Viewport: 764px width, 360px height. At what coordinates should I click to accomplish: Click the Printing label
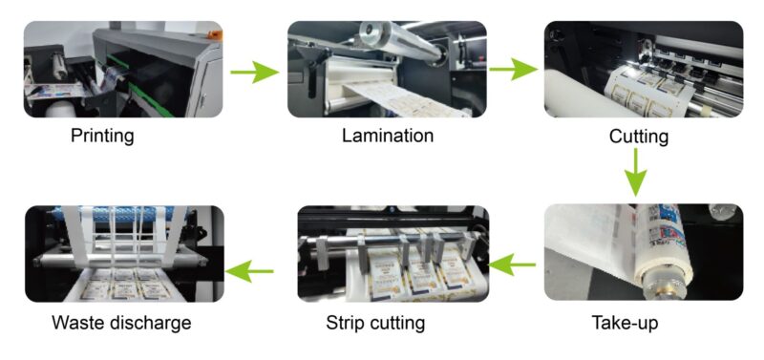click(102, 136)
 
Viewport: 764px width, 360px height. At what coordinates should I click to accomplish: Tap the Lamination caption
click(388, 136)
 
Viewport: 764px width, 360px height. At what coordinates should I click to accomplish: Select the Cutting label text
click(639, 138)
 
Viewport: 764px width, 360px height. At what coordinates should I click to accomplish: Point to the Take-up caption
click(625, 323)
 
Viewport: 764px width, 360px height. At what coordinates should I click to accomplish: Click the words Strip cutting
click(375, 323)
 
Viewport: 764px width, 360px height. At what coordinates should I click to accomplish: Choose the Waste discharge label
click(122, 323)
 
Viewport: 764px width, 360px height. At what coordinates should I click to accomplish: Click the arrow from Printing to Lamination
click(254, 73)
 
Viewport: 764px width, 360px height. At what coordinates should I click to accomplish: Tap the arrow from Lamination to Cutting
click(513, 70)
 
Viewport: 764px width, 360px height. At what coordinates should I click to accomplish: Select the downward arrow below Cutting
click(636, 173)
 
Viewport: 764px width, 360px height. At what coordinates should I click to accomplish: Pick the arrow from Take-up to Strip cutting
click(512, 265)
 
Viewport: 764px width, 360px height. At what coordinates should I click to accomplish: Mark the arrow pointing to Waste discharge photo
click(249, 271)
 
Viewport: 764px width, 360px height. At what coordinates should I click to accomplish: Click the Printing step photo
click(123, 69)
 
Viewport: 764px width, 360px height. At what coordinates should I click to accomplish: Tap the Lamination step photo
click(387, 69)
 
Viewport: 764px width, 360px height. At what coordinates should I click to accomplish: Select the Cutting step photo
click(644, 69)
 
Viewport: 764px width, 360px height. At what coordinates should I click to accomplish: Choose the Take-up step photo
click(644, 252)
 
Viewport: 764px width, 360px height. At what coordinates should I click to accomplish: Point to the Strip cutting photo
click(393, 254)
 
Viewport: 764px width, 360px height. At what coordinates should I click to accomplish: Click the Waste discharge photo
click(124, 254)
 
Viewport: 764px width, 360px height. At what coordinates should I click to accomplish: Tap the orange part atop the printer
click(214, 35)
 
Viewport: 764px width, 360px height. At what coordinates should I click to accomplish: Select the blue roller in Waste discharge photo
click(113, 214)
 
